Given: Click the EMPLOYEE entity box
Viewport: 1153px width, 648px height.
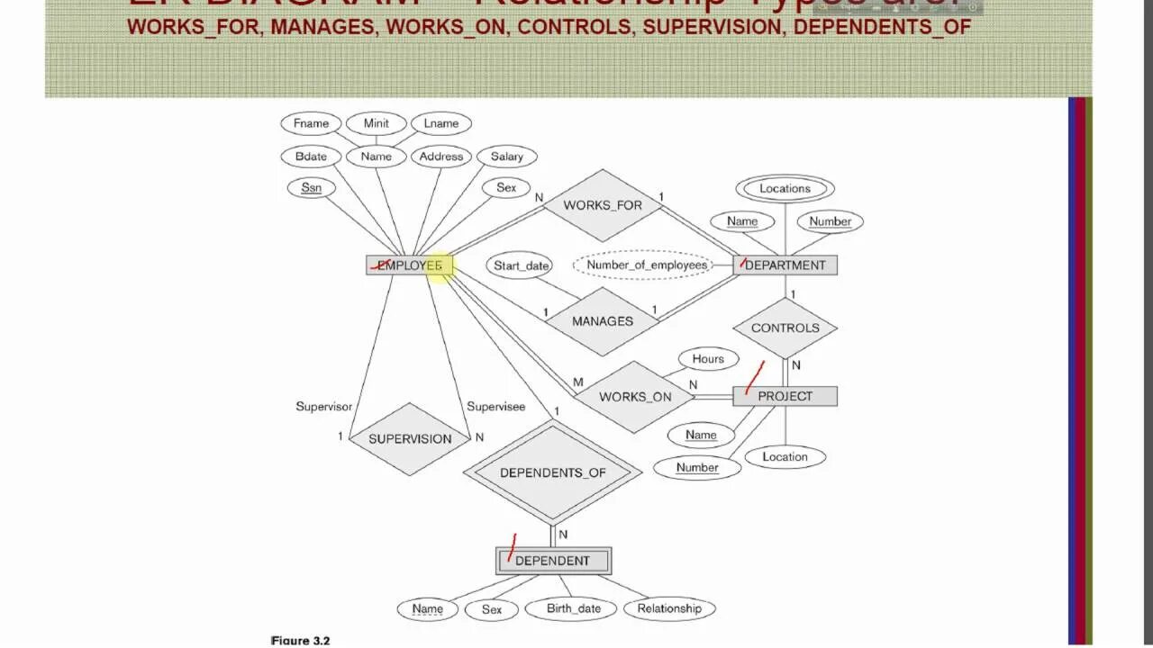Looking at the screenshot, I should [410, 265].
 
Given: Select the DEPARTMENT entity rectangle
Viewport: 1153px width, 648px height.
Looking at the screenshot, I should [785, 265].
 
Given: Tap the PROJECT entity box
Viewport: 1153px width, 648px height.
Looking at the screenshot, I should [785, 396].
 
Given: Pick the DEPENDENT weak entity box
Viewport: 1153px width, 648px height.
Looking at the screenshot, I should [553, 561].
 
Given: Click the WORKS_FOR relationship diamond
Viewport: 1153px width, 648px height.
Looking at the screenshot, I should [603, 205].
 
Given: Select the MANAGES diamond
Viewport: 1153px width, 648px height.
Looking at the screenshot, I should [602, 321].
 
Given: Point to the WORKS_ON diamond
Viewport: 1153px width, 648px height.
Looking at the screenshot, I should [635, 397].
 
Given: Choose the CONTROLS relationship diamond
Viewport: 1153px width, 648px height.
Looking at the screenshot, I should [785, 328].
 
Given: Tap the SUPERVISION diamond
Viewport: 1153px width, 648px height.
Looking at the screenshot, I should [410, 438].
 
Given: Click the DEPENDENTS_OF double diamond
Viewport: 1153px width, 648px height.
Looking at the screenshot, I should [552, 472].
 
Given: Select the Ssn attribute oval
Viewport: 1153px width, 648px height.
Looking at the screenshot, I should [312, 188].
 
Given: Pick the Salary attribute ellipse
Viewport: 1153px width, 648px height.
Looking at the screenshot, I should [506, 157].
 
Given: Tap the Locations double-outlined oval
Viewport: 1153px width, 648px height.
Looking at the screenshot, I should [785, 189].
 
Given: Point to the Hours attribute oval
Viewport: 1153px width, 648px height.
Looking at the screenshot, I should [708, 359].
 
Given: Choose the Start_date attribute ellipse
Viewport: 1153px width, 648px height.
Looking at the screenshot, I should [521, 265].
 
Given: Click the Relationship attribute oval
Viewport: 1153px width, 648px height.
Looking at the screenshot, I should [668, 608].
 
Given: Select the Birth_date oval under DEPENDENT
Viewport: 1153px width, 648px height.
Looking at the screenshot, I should [573, 608].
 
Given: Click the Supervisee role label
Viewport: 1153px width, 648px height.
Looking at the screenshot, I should [495, 407].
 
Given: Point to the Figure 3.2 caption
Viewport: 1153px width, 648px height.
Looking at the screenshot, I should [301, 641].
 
